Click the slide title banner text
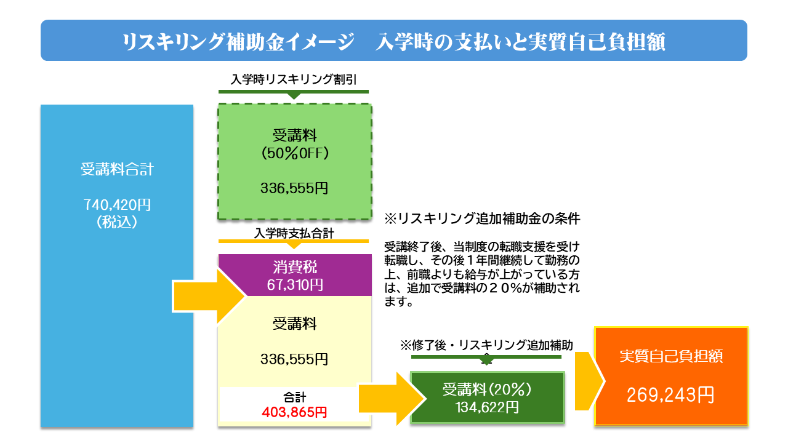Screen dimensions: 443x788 click(394, 41)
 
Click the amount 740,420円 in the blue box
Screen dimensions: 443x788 click(117, 205)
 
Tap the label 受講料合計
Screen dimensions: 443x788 click(117, 170)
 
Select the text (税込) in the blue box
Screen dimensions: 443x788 click(117, 222)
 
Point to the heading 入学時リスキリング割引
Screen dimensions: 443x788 click(294, 79)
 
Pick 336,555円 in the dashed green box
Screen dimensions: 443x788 click(295, 188)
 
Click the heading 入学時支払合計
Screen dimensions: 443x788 click(294, 233)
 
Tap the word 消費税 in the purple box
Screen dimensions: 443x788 click(295, 267)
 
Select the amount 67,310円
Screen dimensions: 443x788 click(295, 284)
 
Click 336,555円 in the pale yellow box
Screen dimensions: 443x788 click(295, 359)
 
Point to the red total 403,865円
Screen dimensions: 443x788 click(295, 412)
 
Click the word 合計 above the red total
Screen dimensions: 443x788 click(295, 397)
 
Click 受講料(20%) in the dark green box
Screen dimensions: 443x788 click(487, 389)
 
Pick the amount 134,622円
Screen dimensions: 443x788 click(487, 407)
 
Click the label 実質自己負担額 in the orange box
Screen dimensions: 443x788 click(671, 356)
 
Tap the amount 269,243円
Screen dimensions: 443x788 click(671, 395)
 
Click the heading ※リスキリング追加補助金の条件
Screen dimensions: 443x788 click(483, 218)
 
